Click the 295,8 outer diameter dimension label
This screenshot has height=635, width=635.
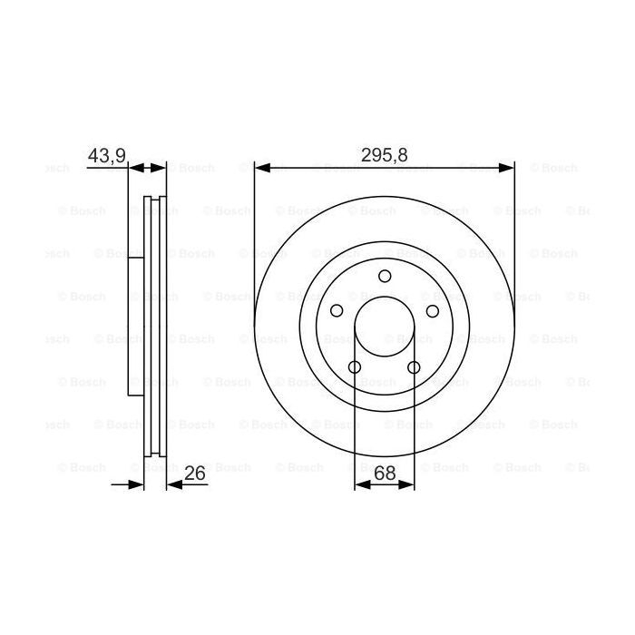coord(385,156)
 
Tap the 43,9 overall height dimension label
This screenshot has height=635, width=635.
coord(106,156)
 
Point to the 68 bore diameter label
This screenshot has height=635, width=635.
coord(385,473)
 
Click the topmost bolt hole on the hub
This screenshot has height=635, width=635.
coord(385,276)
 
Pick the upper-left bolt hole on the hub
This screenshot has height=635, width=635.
coord(337,311)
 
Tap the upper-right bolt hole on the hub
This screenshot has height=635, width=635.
coord(433,311)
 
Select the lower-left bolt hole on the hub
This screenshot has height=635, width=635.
coord(355,367)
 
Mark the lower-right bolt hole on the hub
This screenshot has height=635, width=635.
coord(415,367)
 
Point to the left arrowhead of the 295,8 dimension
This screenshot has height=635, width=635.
coord(261,168)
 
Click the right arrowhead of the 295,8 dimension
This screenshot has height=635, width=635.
coord(508,168)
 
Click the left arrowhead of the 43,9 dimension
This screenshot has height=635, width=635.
coord(136,168)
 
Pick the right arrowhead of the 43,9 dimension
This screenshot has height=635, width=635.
coord(161,168)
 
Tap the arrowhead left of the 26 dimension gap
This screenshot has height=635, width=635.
coord(138,485)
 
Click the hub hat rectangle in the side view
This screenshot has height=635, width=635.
coord(137,327)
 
